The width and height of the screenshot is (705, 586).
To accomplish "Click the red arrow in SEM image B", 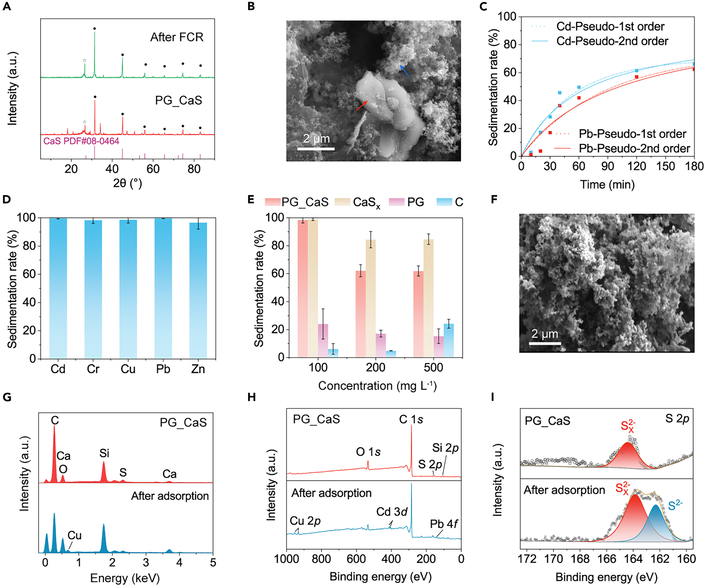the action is (362, 106).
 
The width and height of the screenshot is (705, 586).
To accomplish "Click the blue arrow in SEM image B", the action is (404, 71).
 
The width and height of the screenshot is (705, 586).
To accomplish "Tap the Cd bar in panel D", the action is (58, 289).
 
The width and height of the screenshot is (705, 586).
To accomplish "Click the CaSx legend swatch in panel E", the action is (342, 202).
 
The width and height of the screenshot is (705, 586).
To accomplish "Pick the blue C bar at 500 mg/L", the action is (449, 340).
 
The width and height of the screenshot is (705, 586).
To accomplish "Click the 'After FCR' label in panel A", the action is (177, 37).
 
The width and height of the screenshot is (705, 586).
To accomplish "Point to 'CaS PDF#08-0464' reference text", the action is (81, 141).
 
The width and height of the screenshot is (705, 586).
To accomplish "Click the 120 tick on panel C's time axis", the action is (637, 166).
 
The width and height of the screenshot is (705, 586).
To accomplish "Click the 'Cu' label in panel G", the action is (74, 535).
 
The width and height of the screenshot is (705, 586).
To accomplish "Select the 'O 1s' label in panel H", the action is (368, 452).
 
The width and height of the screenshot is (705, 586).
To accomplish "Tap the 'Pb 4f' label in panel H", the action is (444, 524).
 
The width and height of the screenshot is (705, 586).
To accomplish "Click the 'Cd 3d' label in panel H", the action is (392, 512).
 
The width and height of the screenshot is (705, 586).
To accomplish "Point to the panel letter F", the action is (494, 200).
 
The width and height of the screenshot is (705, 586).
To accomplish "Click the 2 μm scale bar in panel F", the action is (545, 343).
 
